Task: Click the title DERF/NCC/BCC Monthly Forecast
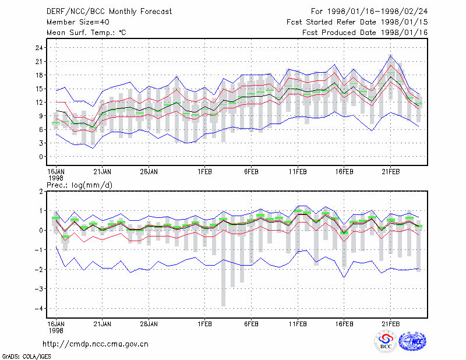pyautogui.click(x=109, y=12)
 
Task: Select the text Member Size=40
pyautogui.click(x=78, y=22)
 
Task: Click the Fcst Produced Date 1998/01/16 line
pyautogui.click(x=365, y=33)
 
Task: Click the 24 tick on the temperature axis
pyautogui.click(x=39, y=48)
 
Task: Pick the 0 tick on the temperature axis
pyautogui.click(x=41, y=157)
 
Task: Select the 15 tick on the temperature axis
pyautogui.click(x=39, y=89)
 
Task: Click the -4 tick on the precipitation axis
pyautogui.click(x=38, y=309)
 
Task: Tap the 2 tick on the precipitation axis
pyautogui.click(x=41, y=192)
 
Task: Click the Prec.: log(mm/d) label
pyautogui.click(x=80, y=185)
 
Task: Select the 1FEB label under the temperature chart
pyautogui.click(x=205, y=172)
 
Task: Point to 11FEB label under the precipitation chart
pyautogui.click(x=298, y=324)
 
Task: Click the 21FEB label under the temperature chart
pyautogui.click(x=390, y=172)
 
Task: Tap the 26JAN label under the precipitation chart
pyautogui.click(x=149, y=324)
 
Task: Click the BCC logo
pyautogui.click(x=386, y=341)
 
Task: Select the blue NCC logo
pyautogui.click(x=413, y=341)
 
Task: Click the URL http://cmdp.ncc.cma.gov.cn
pyautogui.click(x=96, y=344)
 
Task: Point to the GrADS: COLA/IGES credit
pyautogui.click(x=26, y=357)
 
